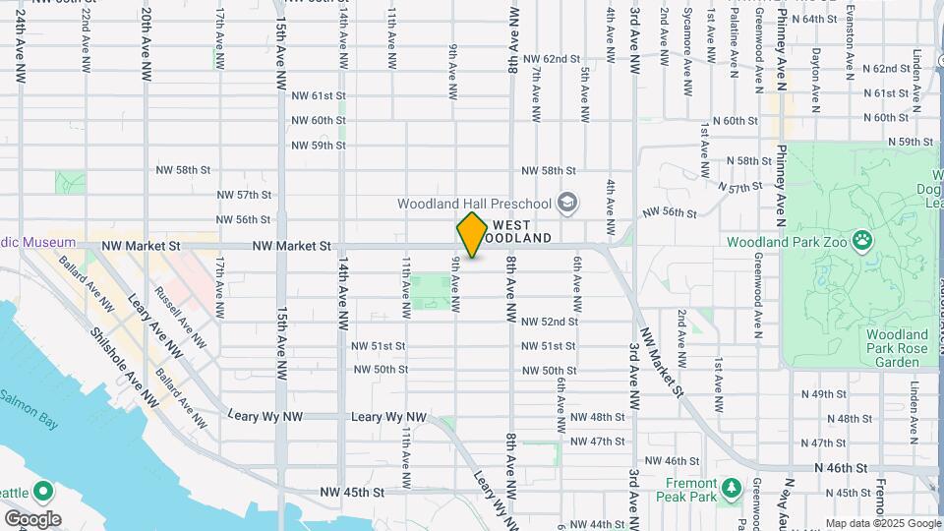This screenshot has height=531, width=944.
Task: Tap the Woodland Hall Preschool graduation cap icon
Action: [x=566, y=204]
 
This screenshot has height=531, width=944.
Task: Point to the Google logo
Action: [x=32, y=518]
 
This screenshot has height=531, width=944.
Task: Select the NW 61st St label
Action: [x=319, y=95]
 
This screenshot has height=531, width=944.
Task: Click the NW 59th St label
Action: [x=319, y=145]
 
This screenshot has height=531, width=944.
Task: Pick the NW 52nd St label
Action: [x=548, y=322]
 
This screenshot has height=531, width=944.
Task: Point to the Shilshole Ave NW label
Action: [x=124, y=365]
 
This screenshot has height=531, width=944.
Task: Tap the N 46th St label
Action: [x=842, y=468]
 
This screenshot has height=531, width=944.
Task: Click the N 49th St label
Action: [x=823, y=394]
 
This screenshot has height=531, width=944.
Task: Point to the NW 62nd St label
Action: [x=551, y=59]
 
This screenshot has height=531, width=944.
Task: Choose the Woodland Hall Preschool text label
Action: [x=474, y=204]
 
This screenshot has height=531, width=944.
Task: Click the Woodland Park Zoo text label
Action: [x=789, y=241]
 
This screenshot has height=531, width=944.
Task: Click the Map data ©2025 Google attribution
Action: [x=883, y=523]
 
